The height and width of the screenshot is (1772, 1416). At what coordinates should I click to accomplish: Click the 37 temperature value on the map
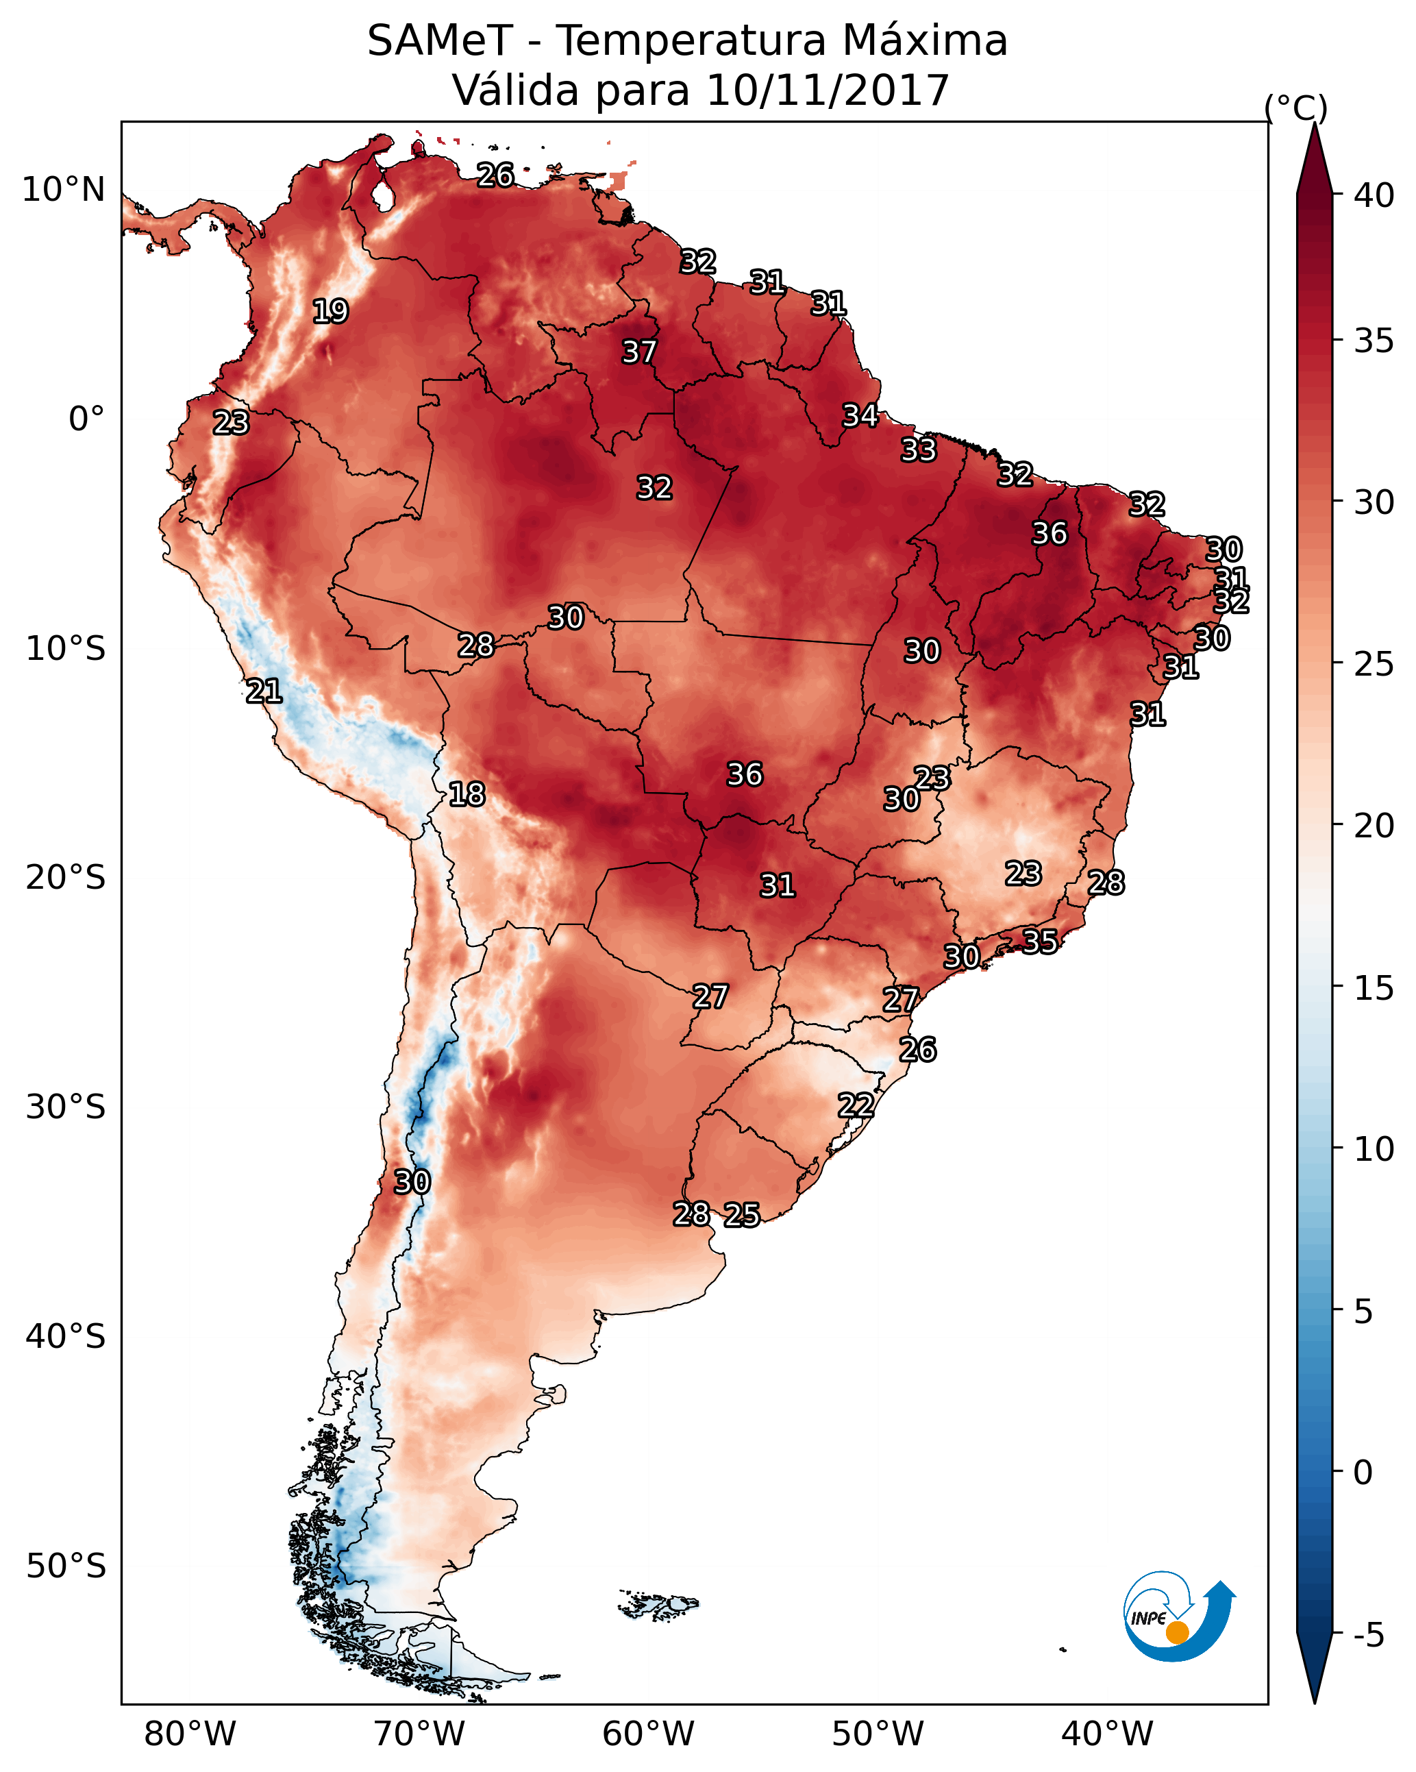click(x=638, y=352)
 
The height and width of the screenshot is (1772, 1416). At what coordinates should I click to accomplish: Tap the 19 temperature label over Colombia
click(x=330, y=312)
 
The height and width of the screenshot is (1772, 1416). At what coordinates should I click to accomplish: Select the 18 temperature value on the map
click(x=467, y=794)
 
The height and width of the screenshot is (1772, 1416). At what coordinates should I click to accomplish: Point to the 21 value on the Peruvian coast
click(x=264, y=691)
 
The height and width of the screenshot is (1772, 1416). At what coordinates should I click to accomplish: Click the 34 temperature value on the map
click(x=860, y=416)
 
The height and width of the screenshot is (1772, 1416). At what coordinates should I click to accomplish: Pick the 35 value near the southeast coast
click(x=1040, y=941)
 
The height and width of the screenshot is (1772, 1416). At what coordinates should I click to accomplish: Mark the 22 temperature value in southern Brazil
click(x=856, y=1105)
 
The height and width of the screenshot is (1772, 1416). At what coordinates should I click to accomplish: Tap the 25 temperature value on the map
click(x=741, y=1215)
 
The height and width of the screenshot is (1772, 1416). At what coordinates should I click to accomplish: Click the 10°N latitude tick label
click(x=63, y=190)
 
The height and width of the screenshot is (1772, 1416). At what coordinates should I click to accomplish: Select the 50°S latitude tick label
click(x=66, y=1566)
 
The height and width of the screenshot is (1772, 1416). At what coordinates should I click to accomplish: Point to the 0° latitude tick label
click(x=86, y=419)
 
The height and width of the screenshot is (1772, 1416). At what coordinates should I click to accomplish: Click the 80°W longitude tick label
click(x=190, y=1734)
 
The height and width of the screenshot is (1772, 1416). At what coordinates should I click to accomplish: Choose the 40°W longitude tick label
click(x=1107, y=1734)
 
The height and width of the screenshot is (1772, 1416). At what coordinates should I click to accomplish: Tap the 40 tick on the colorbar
click(x=1374, y=195)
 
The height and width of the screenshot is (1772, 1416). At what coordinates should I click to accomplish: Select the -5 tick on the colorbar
click(x=1368, y=1636)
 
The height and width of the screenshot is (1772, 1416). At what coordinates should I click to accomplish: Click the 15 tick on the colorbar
click(x=1374, y=988)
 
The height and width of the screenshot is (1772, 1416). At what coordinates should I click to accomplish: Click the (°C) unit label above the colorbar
click(x=1295, y=108)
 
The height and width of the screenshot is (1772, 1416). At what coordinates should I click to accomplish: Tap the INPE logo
click(x=1178, y=1619)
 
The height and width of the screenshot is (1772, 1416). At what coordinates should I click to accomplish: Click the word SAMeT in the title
click(x=440, y=41)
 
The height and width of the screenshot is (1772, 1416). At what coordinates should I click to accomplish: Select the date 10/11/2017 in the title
click(x=828, y=90)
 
